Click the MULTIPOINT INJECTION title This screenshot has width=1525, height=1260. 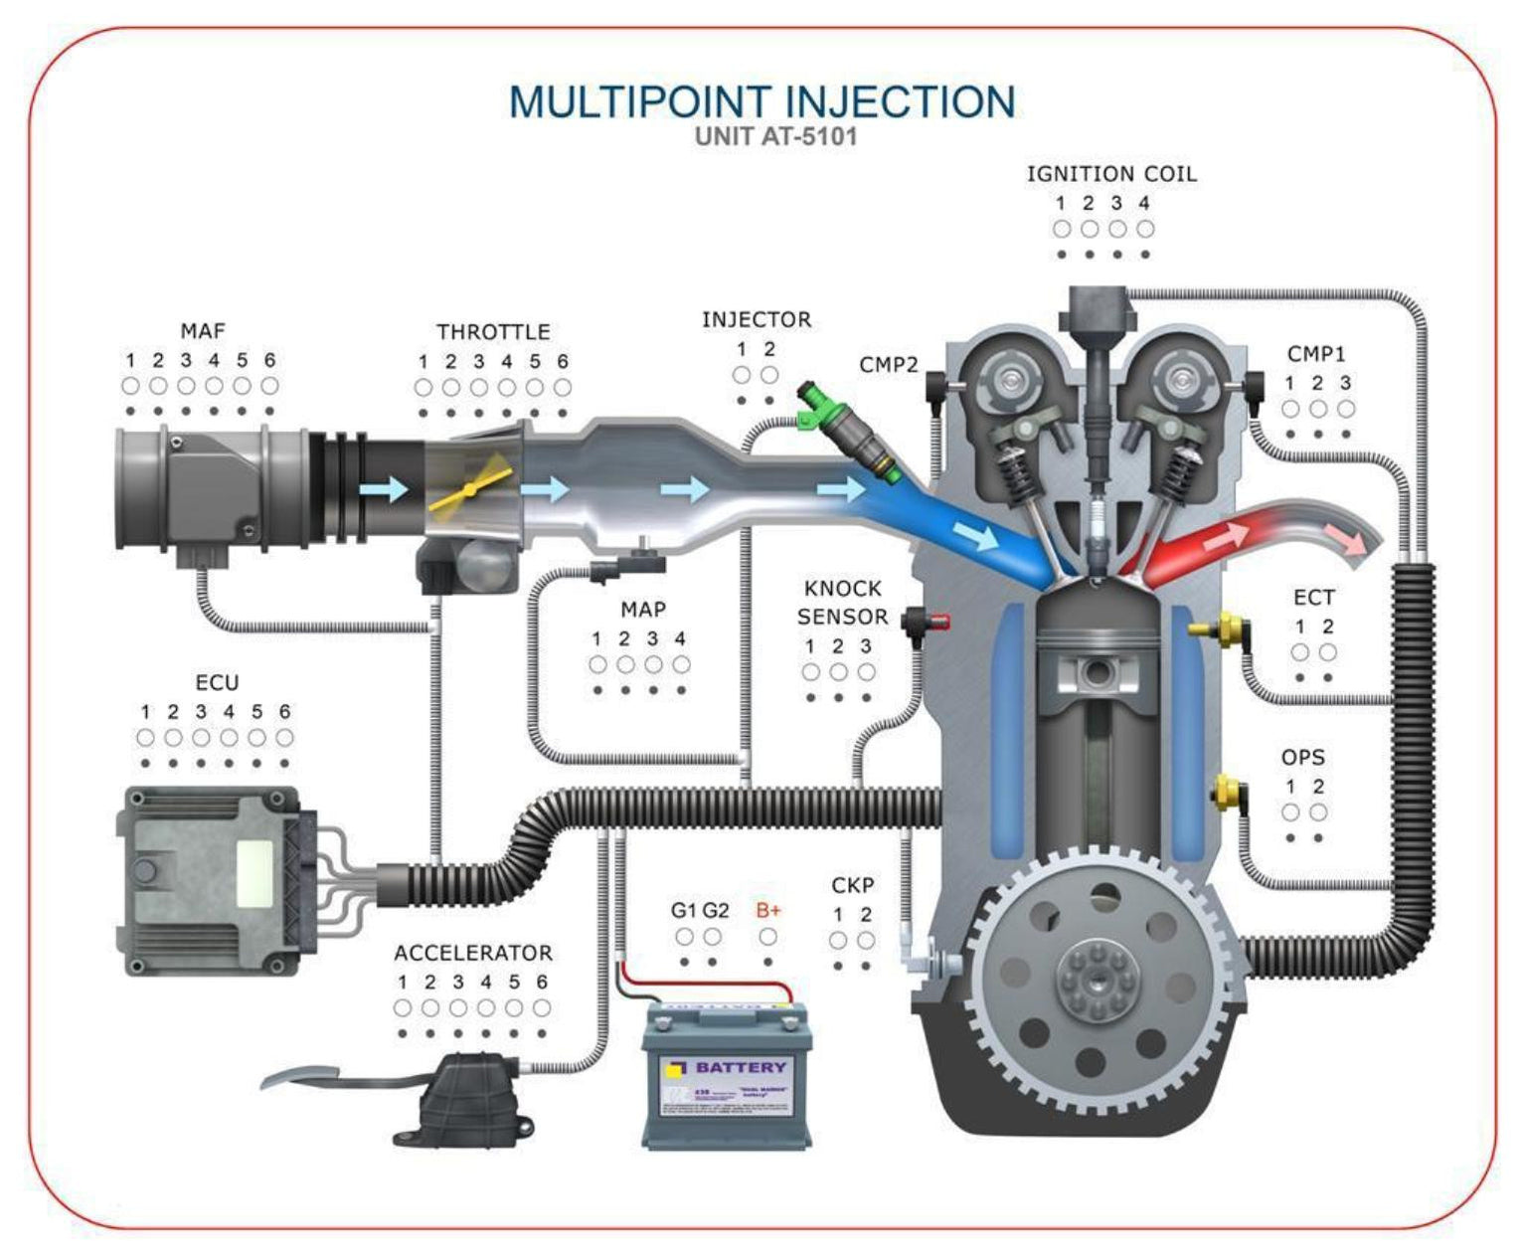point(762,102)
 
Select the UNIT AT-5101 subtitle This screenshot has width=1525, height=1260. point(775,136)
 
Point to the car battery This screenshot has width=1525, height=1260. point(727,1076)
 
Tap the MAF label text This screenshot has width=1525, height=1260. point(203,331)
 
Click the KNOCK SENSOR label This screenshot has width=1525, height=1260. point(842,603)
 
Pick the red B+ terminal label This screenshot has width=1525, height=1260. point(768,910)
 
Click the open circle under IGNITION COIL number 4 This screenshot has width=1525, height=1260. point(1145,229)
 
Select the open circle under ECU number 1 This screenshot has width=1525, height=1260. point(146,738)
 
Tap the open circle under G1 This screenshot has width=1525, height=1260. point(685,937)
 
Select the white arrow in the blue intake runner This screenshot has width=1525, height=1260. point(980,538)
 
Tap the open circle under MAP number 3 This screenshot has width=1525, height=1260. point(653,664)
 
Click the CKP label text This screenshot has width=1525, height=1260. point(852,885)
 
